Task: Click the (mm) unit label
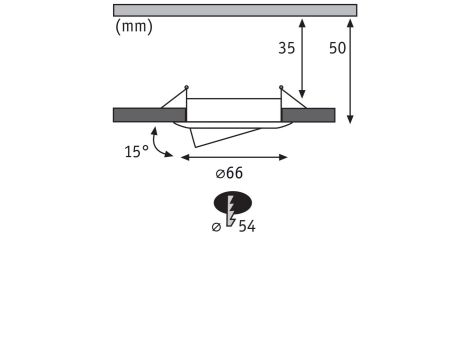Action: pyautogui.click(x=134, y=27)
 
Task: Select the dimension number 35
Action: pyautogui.click(x=287, y=48)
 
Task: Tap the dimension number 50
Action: pyautogui.click(x=337, y=48)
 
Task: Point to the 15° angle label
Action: pyautogui.click(x=137, y=152)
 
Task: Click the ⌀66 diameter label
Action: pyautogui.click(x=229, y=173)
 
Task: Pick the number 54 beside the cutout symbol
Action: pyautogui.click(x=247, y=227)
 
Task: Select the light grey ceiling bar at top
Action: pyautogui.click(x=235, y=10)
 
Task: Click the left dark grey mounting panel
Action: pyautogui.click(x=149, y=115)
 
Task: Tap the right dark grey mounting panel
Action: pyautogui.click(x=308, y=115)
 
